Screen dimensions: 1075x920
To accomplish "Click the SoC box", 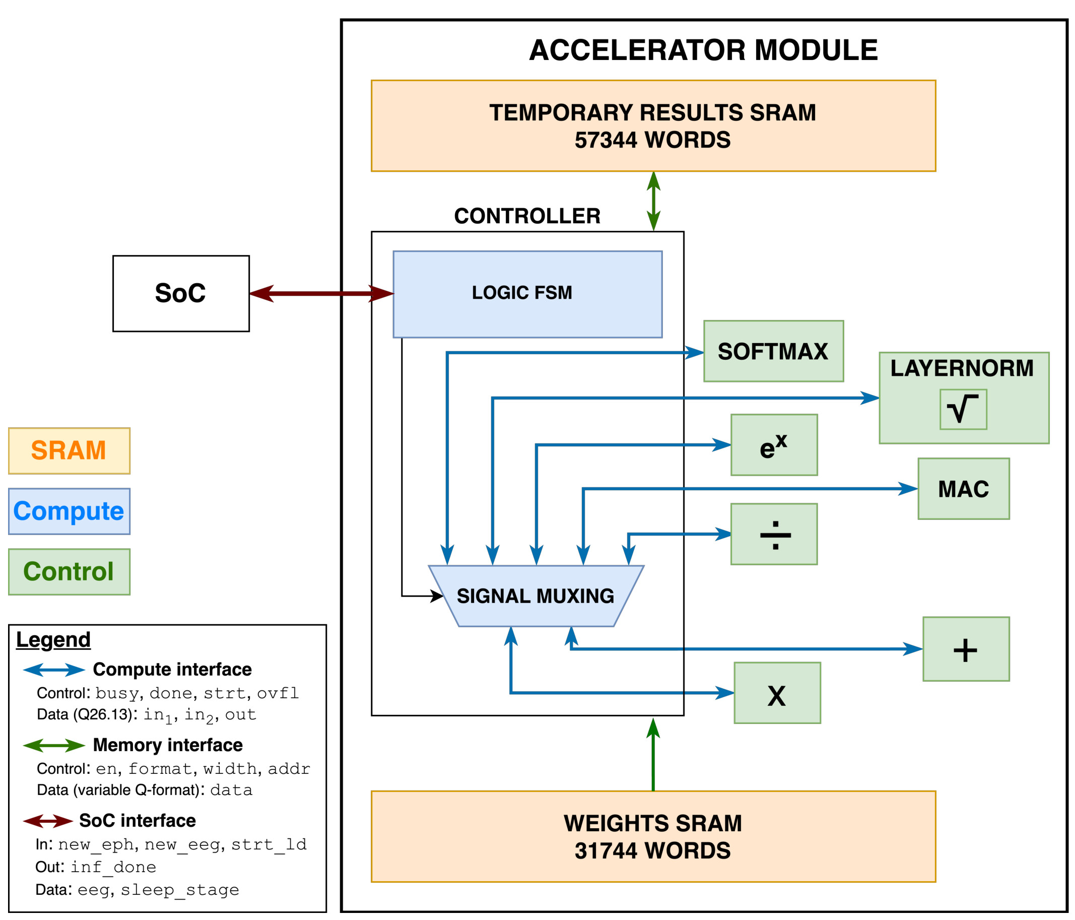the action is tap(181, 293).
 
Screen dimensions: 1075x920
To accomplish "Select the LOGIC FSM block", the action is tap(527, 294).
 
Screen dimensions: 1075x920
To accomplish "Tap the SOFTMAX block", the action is tap(773, 351).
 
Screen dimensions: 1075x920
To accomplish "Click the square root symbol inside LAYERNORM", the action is tap(963, 409).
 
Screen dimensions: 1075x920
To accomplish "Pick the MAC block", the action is tap(964, 488).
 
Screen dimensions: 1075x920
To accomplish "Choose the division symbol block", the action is tap(774, 534).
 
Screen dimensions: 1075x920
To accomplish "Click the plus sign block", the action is tap(966, 648).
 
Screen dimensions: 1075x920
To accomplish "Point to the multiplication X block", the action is tap(777, 692).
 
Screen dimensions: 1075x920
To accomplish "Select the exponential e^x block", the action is tap(774, 445).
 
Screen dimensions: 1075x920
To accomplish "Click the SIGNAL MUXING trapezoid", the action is tap(536, 596).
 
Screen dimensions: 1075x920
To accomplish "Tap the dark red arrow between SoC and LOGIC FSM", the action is tap(321, 293).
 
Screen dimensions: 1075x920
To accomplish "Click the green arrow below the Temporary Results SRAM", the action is tap(654, 202).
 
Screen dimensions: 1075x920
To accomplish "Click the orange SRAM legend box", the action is tap(69, 450).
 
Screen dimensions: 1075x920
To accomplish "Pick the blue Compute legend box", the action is tap(69, 511).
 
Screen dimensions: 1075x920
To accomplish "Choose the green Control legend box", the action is tap(69, 571).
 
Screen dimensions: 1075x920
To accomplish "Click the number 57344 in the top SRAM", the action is tap(606, 140).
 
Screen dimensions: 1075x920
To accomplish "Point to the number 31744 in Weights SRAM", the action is tap(606, 850).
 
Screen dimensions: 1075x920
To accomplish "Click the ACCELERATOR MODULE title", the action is tap(703, 50).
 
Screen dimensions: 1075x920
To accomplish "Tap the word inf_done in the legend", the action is tap(113, 867).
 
